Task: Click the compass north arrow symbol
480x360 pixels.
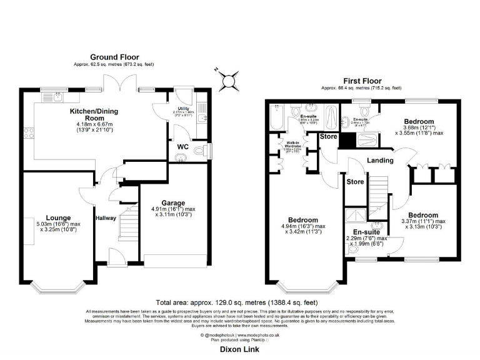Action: [x=224, y=79]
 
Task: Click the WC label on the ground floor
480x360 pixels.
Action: [x=183, y=147]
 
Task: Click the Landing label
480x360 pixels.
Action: [x=380, y=161]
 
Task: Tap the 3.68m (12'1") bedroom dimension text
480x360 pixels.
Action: [x=419, y=129]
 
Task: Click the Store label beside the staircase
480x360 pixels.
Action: [x=355, y=182]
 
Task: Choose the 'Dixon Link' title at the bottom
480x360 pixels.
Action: [x=239, y=350]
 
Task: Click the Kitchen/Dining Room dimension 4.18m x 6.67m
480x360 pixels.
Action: [x=93, y=124]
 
